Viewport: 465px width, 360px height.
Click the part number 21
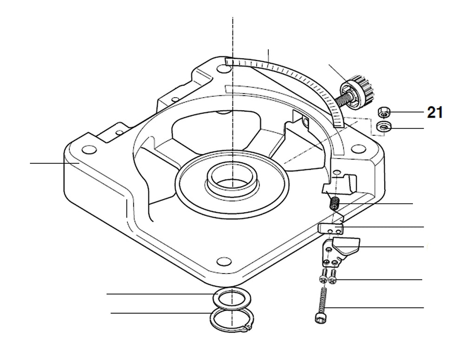[x=434, y=113]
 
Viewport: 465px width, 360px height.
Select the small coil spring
[x=333, y=204]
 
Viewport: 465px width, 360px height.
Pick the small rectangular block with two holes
[x=331, y=228]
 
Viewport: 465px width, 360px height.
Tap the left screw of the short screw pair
[x=323, y=278]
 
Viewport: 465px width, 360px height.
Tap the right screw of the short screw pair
[x=332, y=279]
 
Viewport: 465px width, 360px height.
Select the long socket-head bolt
[x=319, y=305]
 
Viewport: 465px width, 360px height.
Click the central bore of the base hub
[x=231, y=180]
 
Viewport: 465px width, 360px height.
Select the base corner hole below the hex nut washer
[x=358, y=149]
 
